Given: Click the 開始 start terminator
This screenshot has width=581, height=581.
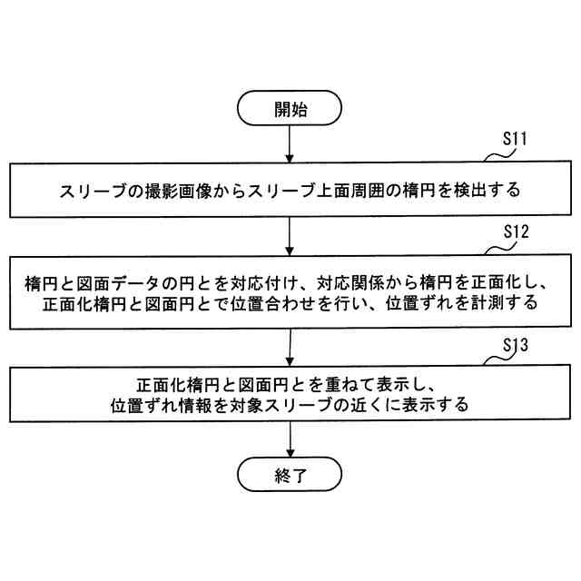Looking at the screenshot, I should [x=290, y=109].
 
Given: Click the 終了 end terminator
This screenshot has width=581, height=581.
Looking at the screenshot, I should [x=290, y=473].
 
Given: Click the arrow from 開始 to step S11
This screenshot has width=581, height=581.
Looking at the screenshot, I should [x=290, y=144].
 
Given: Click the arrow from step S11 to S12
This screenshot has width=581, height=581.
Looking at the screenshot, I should [x=290, y=237].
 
